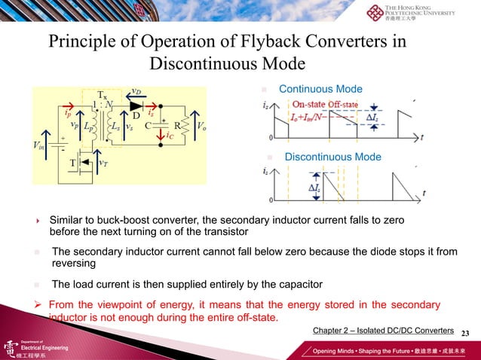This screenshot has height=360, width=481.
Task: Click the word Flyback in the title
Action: pos(257,41)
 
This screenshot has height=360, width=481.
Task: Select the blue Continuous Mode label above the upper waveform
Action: pos(320,89)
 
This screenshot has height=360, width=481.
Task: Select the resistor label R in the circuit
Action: pos(177,125)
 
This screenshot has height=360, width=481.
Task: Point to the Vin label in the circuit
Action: pos(41,143)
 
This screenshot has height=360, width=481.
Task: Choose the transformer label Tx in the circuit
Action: pos(103,93)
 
